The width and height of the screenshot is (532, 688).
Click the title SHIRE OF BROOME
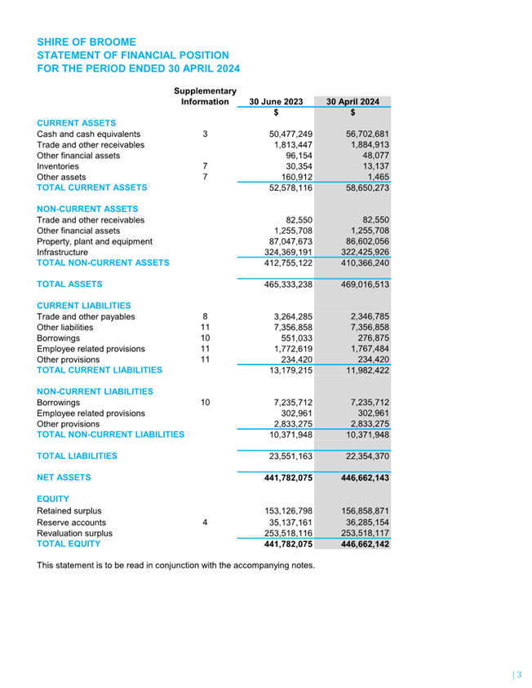coord(86,42)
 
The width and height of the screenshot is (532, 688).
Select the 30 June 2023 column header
coord(276,102)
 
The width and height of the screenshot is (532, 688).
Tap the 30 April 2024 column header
coord(353,102)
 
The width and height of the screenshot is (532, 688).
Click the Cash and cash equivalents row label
coord(89,134)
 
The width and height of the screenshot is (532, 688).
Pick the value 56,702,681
coord(357,134)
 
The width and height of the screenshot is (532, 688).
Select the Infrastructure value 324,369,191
coord(282,252)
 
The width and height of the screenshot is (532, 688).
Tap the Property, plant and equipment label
coord(95,241)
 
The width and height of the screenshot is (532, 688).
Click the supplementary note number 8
coord(206,316)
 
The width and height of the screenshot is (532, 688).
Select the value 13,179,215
coord(286,370)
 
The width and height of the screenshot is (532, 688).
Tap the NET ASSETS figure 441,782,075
coord(282,478)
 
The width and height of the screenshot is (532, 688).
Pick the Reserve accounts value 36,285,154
coord(357,521)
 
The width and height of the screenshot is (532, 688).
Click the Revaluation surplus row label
coord(75,532)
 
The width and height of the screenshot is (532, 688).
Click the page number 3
coord(518,674)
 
